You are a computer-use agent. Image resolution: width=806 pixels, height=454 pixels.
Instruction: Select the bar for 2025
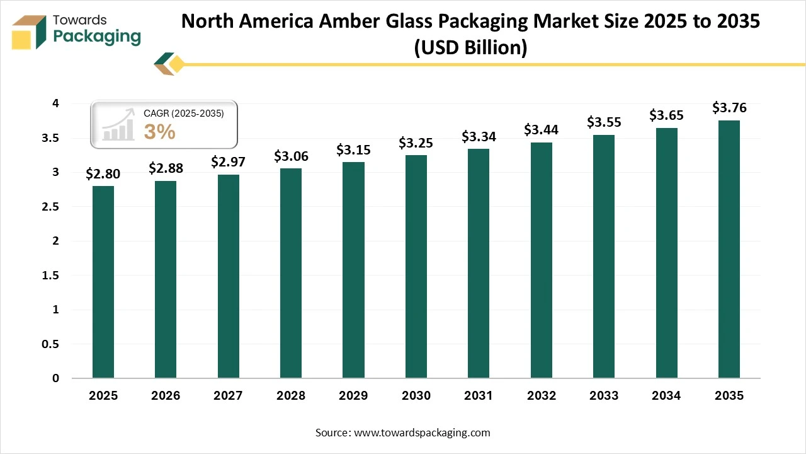[103, 282]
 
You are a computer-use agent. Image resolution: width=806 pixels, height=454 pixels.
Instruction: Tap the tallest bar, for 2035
[729, 249]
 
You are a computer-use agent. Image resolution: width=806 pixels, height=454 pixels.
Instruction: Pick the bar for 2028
[291, 273]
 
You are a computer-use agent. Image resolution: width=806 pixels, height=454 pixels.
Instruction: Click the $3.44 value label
[541, 130]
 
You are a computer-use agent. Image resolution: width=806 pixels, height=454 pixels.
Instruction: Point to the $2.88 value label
[166, 168]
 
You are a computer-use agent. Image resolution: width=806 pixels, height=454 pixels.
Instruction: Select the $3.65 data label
[666, 115]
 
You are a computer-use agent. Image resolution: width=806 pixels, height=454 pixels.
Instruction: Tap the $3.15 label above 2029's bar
[353, 149]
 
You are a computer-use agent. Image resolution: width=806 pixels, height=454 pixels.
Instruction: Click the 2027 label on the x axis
[228, 396]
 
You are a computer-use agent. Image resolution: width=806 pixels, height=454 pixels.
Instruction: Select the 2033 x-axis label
[603, 396]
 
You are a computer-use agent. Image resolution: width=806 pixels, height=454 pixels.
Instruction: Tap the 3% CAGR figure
[159, 132]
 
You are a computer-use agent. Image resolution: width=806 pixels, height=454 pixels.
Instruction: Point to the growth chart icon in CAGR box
[119, 125]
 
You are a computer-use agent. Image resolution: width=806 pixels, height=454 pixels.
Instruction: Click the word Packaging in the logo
[97, 37]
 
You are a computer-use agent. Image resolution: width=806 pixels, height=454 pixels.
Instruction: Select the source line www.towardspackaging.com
[403, 433]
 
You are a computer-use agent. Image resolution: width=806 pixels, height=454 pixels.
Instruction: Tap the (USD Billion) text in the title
[470, 47]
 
